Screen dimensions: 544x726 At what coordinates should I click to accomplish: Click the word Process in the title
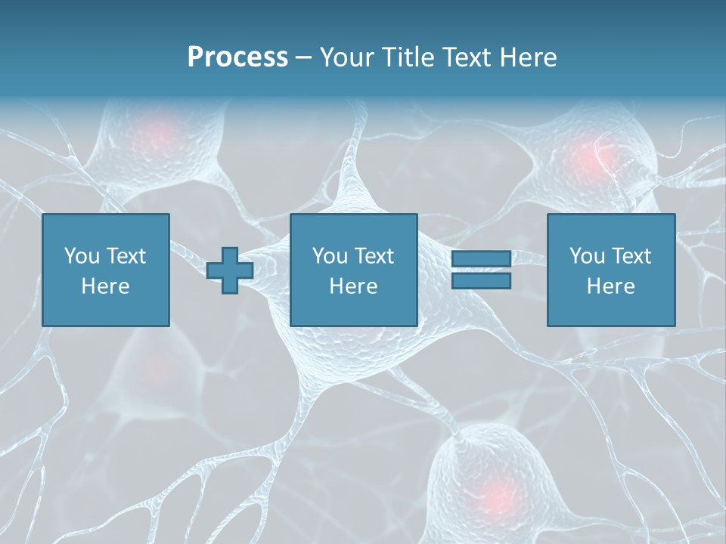tap(237, 57)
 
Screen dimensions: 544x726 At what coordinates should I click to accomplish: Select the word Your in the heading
tap(346, 57)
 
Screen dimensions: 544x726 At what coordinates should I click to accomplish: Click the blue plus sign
tap(230, 270)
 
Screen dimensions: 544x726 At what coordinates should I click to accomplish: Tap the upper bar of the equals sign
tap(481, 258)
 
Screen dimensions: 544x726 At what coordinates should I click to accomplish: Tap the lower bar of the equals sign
tap(481, 281)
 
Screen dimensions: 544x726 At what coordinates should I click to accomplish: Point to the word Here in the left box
tap(106, 286)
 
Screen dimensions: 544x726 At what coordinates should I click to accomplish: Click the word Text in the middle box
tap(374, 256)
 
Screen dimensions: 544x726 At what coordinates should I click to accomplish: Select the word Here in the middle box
tap(354, 286)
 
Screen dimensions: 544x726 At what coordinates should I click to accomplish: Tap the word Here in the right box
tap(611, 286)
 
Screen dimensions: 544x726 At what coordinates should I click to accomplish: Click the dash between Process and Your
tap(304, 57)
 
